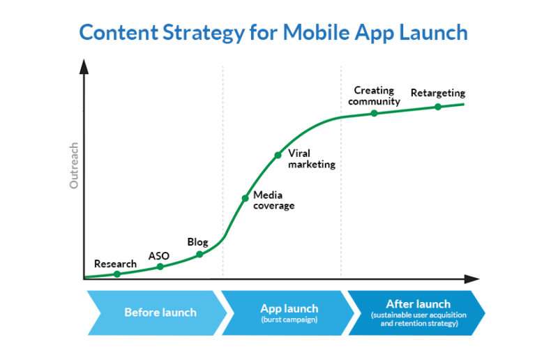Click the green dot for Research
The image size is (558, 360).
117,273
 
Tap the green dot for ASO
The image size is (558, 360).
160,267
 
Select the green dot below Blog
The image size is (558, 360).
199,254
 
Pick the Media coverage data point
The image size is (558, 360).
246,198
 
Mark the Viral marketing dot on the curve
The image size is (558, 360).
278,156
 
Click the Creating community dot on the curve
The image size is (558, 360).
374,113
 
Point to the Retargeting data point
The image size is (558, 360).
438,107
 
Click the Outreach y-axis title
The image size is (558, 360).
74,165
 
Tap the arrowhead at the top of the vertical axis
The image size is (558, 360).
84,66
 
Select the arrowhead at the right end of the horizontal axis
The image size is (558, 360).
472,279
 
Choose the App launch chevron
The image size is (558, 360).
288,313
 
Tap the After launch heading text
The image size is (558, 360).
418,303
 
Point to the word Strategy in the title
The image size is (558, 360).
204,33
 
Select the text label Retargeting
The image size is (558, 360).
438,93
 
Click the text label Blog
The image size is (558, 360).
197,242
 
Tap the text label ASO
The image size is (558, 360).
159,256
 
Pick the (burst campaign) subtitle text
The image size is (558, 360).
289,320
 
